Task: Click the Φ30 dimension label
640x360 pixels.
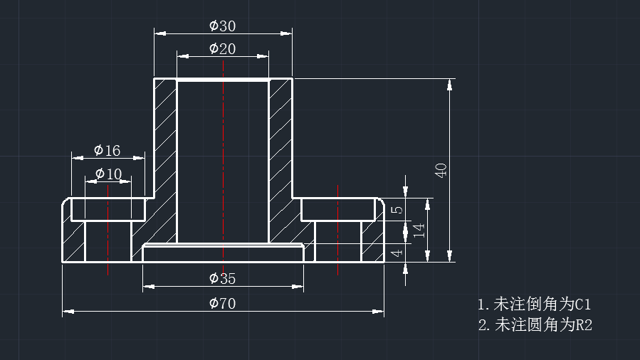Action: [222, 26]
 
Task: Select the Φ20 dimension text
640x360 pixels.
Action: [222, 48]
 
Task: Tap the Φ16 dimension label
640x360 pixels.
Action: [107, 150]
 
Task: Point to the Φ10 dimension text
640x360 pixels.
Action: [108, 174]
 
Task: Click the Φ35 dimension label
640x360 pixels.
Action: [222, 278]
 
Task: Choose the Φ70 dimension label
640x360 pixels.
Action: [222, 303]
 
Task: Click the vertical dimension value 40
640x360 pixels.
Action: [441, 171]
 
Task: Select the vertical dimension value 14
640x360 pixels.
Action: [419, 231]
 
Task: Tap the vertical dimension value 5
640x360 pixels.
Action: [397, 210]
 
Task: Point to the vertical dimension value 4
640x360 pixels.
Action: [397, 253]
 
